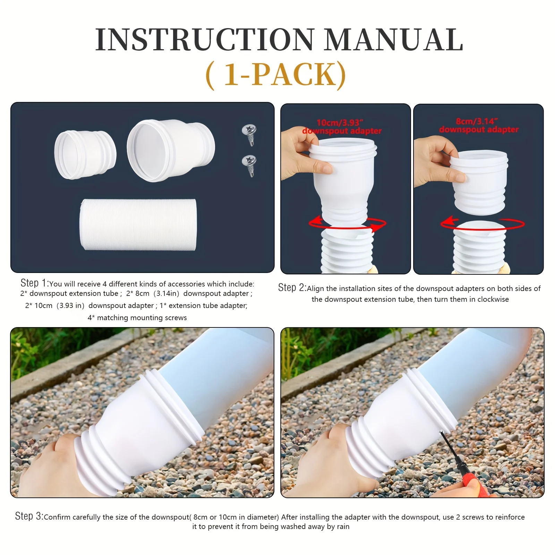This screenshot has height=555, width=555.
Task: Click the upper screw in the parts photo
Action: click(x=249, y=134)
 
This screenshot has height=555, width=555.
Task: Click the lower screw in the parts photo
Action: click(x=249, y=165)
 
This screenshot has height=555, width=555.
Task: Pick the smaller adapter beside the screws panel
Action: click(x=85, y=155)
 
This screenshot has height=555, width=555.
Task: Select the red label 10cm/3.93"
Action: click(x=340, y=122)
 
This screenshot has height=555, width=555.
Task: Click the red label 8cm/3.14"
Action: click(x=477, y=121)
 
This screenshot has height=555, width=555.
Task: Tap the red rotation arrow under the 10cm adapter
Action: click(x=347, y=224)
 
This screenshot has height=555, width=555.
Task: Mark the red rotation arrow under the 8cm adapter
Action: click(x=482, y=224)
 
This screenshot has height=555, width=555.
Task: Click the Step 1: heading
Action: click(x=34, y=283)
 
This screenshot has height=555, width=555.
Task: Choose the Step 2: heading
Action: click(x=292, y=288)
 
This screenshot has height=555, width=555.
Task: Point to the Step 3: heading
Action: click(x=29, y=516)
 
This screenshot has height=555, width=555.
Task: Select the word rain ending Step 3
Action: click(x=343, y=527)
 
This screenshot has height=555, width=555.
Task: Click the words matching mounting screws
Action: click(x=142, y=318)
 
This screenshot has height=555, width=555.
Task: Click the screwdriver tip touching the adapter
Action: click(x=441, y=432)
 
